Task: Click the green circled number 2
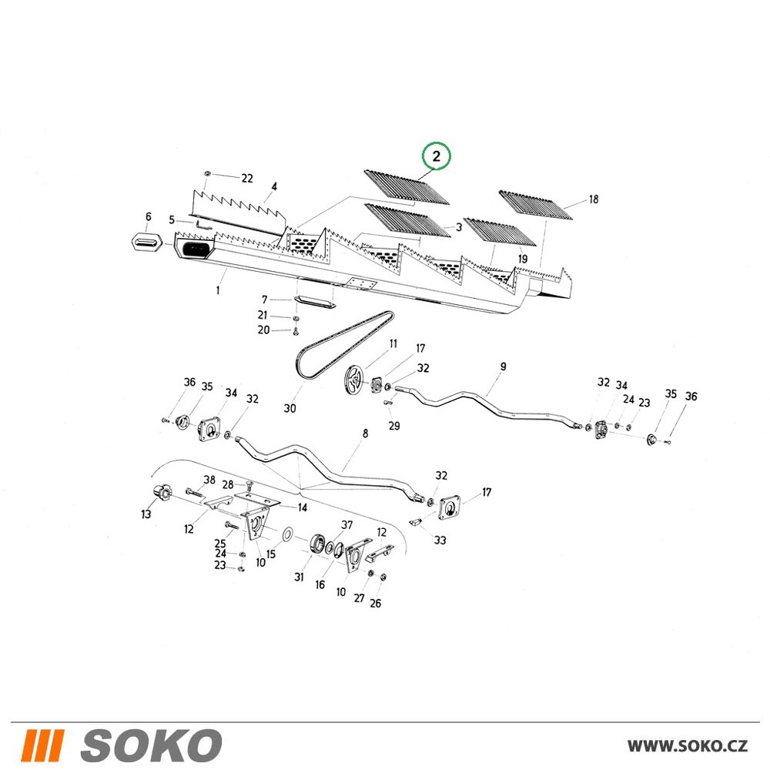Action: point(436,156)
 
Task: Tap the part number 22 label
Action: point(247,179)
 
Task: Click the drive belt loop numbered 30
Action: point(343,343)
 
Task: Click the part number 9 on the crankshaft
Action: point(503,367)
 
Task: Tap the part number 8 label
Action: point(365,434)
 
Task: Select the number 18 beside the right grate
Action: point(593,199)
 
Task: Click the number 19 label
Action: point(522,259)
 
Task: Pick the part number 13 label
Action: point(146,514)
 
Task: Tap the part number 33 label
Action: point(440,541)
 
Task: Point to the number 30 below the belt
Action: point(290,409)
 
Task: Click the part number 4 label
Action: point(274,186)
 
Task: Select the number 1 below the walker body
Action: point(218,290)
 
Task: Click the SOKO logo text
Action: point(151,745)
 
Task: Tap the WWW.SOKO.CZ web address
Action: point(687,746)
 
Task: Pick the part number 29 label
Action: point(393,426)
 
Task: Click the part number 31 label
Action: point(299,577)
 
